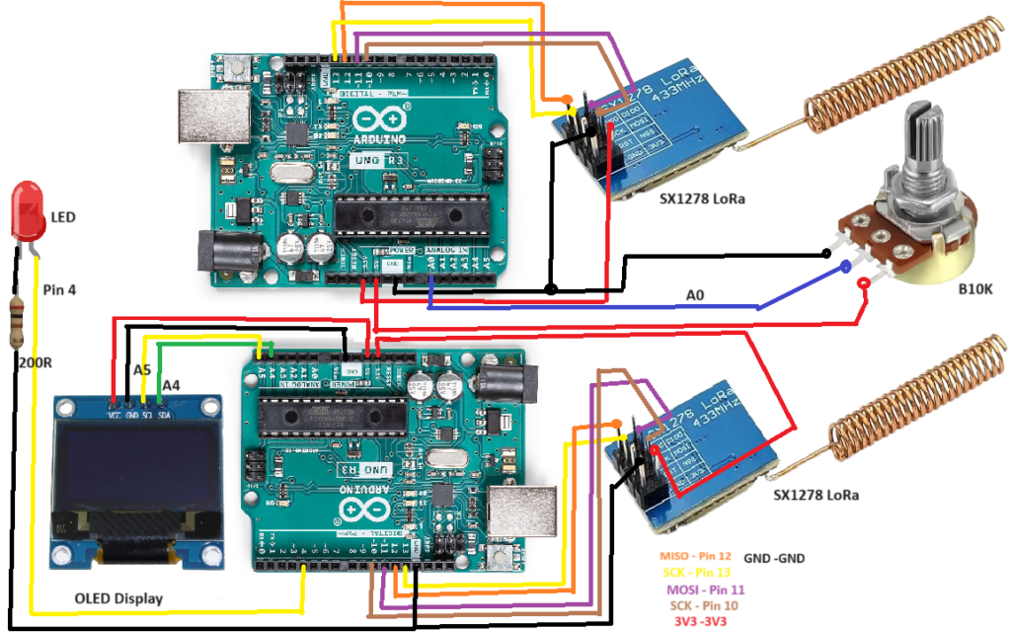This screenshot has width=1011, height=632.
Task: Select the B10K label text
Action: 976,289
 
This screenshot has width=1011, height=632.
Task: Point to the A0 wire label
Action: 697,294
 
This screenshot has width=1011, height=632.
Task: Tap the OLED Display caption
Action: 119,598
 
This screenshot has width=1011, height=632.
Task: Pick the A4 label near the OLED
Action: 171,383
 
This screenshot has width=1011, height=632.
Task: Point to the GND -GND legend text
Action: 774,558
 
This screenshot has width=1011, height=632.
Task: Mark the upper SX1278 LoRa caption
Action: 702,198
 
